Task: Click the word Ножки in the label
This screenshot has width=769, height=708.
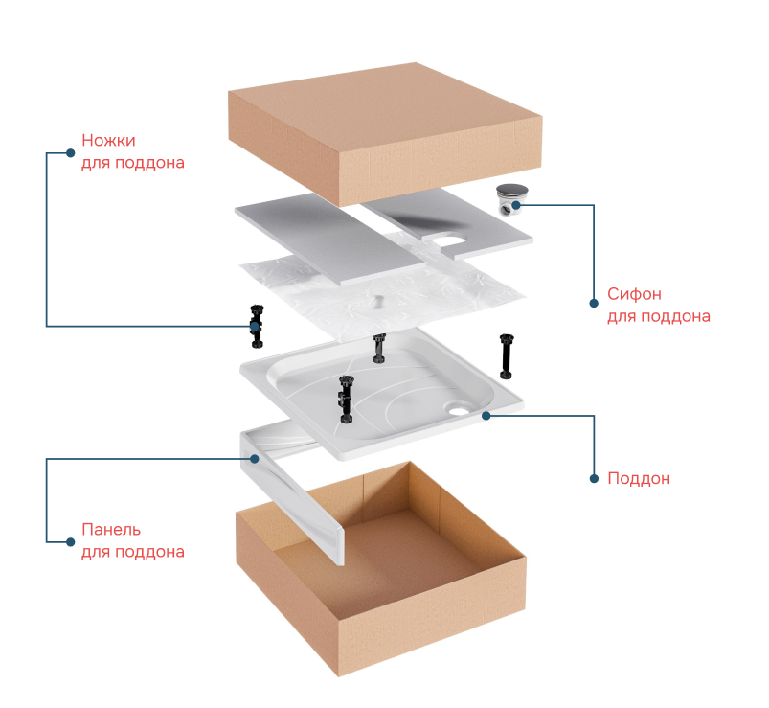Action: point(108,140)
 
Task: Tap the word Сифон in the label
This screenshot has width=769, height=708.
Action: point(634,294)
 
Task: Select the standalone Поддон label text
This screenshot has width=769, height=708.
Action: point(639,478)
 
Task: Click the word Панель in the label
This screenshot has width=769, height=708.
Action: point(111,530)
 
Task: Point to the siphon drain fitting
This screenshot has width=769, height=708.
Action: point(512,199)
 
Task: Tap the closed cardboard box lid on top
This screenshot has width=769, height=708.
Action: point(385,133)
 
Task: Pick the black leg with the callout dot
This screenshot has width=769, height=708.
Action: point(257,327)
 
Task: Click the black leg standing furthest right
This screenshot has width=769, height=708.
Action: point(507,356)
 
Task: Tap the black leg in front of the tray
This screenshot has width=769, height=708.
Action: point(346,399)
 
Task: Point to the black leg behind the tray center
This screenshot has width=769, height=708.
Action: point(379,349)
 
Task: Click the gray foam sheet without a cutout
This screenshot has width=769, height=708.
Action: point(329,239)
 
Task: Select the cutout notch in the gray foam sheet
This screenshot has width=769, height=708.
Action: point(448,240)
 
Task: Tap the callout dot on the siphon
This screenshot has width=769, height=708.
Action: point(516,205)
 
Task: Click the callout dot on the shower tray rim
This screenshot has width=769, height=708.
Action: point(486,416)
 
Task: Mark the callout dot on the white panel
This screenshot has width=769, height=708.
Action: point(254,459)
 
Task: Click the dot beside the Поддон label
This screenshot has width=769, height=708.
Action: point(594,478)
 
